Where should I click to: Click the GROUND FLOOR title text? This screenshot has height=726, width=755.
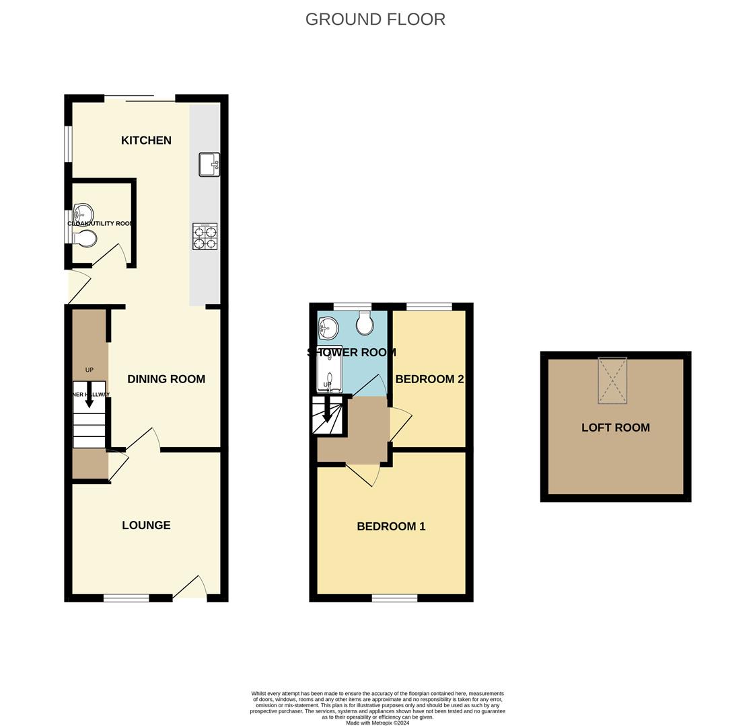pyautogui.click(x=375, y=19)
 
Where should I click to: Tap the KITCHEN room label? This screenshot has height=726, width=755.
pyautogui.click(x=146, y=140)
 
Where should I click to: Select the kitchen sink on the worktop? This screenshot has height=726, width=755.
pyautogui.click(x=209, y=165)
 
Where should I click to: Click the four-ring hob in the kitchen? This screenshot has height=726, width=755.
pyautogui.click(x=205, y=237)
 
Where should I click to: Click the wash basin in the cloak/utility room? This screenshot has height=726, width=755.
pyautogui.click(x=82, y=214)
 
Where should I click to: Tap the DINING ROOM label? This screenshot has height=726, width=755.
pyautogui.click(x=166, y=379)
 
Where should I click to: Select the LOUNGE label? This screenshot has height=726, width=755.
pyautogui.click(x=146, y=526)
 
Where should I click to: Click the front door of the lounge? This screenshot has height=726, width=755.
pyautogui.click(x=190, y=588)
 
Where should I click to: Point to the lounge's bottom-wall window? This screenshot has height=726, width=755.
pyautogui.click(x=126, y=598)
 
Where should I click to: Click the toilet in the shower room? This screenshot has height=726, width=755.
pyautogui.click(x=365, y=323)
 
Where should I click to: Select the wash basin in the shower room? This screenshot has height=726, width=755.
pyautogui.click(x=328, y=328)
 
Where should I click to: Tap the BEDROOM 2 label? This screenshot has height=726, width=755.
pyautogui.click(x=429, y=379)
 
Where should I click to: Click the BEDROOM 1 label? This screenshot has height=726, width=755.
pyautogui.click(x=391, y=526)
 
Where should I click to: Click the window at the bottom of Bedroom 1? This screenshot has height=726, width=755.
pyautogui.click(x=394, y=598)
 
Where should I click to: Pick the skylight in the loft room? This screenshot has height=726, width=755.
pyautogui.click(x=612, y=380)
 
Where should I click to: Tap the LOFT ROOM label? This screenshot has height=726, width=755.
pyautogui.click(x=615, y=428)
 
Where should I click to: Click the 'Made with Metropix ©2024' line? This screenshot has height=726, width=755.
pyautogui.click(x=377, y=723)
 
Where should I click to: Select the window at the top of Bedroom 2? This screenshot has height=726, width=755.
pyautogui.click(x=429, y=307)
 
